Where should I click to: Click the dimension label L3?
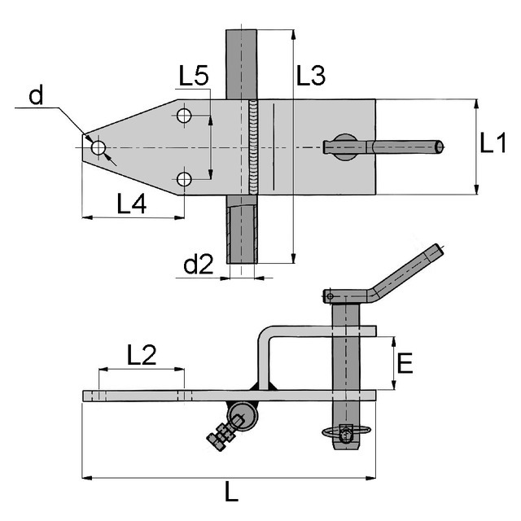click(311, 76)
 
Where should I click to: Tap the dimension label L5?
click(194, 76)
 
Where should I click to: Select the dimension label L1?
click(493, 143)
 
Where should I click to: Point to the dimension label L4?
click(132, 204)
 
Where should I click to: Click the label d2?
click(199, 264)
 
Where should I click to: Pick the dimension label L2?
click(142, 355)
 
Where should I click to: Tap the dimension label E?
click(405, 363)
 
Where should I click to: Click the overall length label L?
click(231, 492)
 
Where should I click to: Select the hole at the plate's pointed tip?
click(99, 147)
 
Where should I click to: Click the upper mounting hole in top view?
click(184, 116)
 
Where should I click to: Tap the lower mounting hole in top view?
click(184, 179)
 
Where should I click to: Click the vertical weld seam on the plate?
click(253, 147)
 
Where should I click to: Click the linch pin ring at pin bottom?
click(345, 432)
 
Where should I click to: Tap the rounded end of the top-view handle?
click(440, 147)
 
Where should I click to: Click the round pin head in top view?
click(345, 147)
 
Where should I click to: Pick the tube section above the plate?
click(241, 64)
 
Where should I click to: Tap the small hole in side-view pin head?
click(330, 296)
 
